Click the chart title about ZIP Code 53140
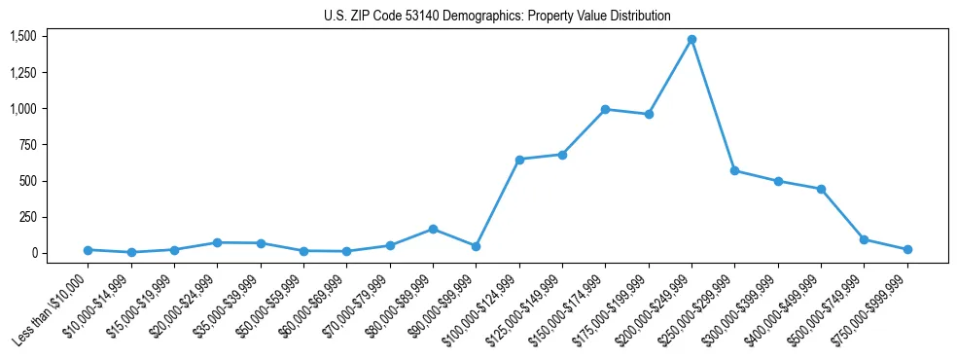(x=497, y=17)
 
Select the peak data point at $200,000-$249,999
(x=691, y=40)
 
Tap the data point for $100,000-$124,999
(x=519, y=160)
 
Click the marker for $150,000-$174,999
(x=605, y=109)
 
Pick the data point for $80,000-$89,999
(x=433, y=229)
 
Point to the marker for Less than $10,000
(x=88, y=250)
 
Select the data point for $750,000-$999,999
(x=907, y=249)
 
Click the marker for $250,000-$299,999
(x=734, y=170)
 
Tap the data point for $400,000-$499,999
(x=821, y=189)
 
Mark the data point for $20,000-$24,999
(x=217, y=242)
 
